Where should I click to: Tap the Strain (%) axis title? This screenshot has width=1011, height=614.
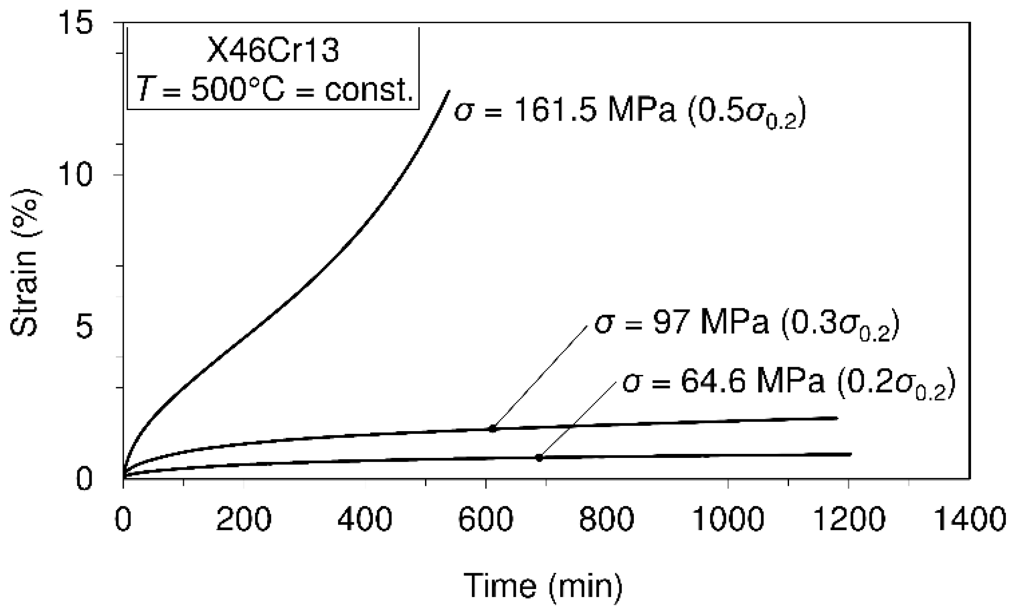(25, 263)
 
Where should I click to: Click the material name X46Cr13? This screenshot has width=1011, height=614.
(273, 50)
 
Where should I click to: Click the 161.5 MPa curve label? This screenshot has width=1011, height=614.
(629, 111)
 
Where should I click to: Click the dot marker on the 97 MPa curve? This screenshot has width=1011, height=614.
(493, 428)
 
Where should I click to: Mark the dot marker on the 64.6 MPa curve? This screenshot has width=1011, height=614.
(539, 457)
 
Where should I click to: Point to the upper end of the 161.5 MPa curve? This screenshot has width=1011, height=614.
(449, 91)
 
